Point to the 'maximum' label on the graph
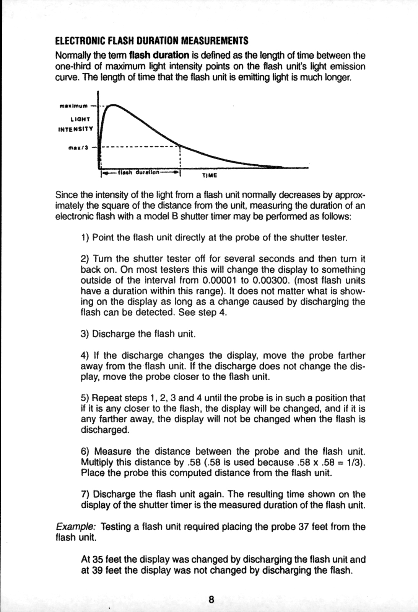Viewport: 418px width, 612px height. point(73,105)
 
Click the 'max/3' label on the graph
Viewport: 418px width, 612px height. point(78,147)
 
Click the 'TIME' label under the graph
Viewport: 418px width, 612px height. point(209,175)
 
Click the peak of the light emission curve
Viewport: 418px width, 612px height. point(112,105)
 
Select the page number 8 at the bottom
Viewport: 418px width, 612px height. point(211,599)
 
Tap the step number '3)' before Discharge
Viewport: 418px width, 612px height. point(85,334)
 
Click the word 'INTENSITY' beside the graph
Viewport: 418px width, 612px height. point(75,129)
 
